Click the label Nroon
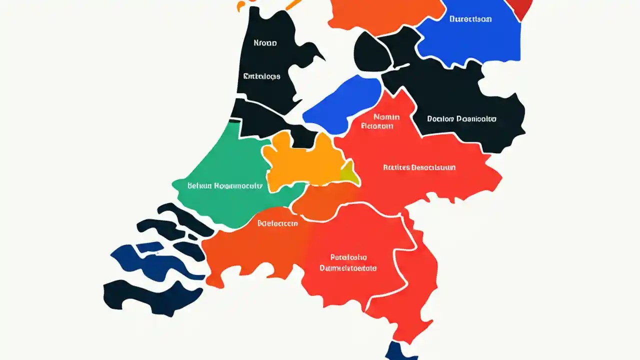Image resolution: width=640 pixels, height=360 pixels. pyautogui.click(x=265, y=43)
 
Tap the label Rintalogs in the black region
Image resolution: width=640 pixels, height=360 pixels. pyautogui.click(x=261, y=76)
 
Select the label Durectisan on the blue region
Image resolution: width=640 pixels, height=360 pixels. pyautogui.click(x=470, y=19)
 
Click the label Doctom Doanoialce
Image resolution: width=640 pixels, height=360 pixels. pyautogui.click(x=461, y=119)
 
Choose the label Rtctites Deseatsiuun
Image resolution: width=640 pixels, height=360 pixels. pyautogui.click(x=419, y=167)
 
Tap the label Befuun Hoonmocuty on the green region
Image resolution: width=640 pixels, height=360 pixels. pyautogui.click(x=224, y=185)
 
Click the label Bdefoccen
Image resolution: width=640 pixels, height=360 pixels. pyautogui.click(x=277, y=223)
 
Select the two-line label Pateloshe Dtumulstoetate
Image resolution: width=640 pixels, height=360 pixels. pyautogui.click(x=348, y=263)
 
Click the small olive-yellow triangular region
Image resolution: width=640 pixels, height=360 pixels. pyautogui.click(x=349, y=172)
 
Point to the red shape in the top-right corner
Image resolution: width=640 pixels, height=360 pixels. pyautogui.click(x=520, y=7)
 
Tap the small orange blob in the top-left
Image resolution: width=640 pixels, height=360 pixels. pyautogui.click(x=242, y=5)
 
